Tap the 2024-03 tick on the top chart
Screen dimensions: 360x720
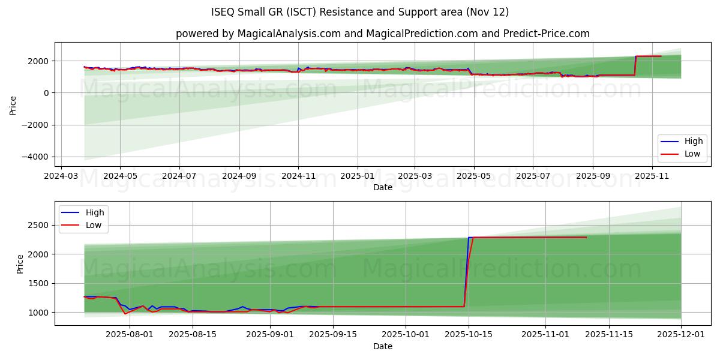(x=61, y=176)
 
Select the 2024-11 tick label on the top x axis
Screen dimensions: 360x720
(x=298, y=176)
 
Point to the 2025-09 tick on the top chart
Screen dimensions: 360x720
(x=593, y=176)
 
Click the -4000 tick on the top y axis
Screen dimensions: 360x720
(x=37, y=157)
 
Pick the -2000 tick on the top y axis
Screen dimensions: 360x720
(x=37, y=125)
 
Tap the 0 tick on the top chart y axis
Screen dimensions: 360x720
(x=46, y=93)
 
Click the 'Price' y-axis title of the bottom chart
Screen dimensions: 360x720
(x=20, y=263)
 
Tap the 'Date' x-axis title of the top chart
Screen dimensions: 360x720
(x=382, y=187)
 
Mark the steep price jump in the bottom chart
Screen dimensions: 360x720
(x=467, y=270)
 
